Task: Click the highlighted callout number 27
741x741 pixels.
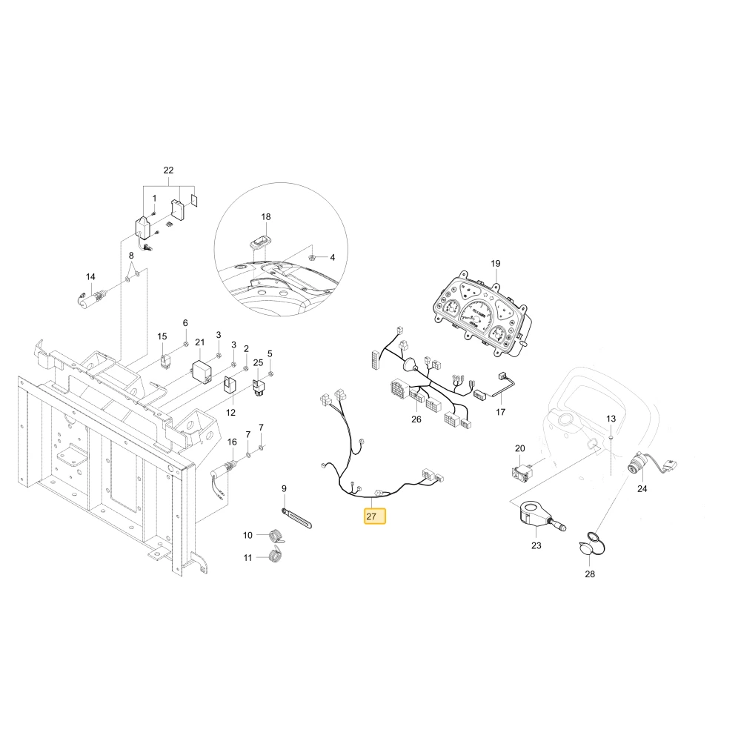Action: (x=375, y=516)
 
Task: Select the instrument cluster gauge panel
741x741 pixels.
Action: (x=482, y=314)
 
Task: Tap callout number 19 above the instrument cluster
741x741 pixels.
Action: (x=495, y=263)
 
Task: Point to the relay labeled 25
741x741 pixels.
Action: (x=258, y=388)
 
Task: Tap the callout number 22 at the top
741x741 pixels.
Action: (x=168, y=170)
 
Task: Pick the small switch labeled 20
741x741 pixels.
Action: (x=522, y=471)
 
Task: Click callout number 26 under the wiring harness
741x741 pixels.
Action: (x=416, y=419)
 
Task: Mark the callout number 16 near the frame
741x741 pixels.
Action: (x=232, y=442)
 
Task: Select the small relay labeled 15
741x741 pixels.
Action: (x=166, y=362)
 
